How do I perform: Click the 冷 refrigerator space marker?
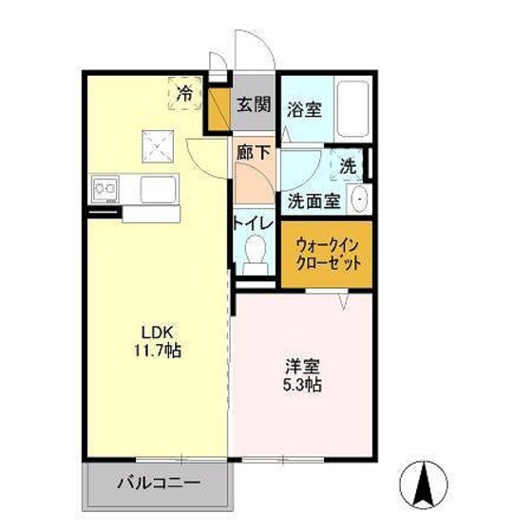(x=185, y=93)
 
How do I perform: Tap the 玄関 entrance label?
(x=254, y=104)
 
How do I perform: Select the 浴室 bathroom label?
(x=304, y=109)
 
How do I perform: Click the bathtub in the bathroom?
(x=352, y=108)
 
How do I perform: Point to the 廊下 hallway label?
(x=254, y=153)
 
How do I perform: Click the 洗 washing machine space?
(x=348, y=166)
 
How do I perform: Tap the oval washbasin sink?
(x=359, y=199)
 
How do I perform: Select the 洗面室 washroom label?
(x=314, y=201)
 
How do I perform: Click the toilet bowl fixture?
(x=256, y=254)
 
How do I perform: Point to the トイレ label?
(x=254, y=223)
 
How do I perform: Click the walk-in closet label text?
(x=328, y=255)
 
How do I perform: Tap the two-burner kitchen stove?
(x=104, y=189)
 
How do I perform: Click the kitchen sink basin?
(x=159, y=189)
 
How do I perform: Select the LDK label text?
(x=157, y=332)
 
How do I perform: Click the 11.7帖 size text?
(x=158, y=351)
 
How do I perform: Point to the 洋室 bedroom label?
(x=302, y=367)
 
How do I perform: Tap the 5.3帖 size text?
(x=302, y=385)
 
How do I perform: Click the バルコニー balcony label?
(x=159, y=483)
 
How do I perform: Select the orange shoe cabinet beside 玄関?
(x=218, y=109)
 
